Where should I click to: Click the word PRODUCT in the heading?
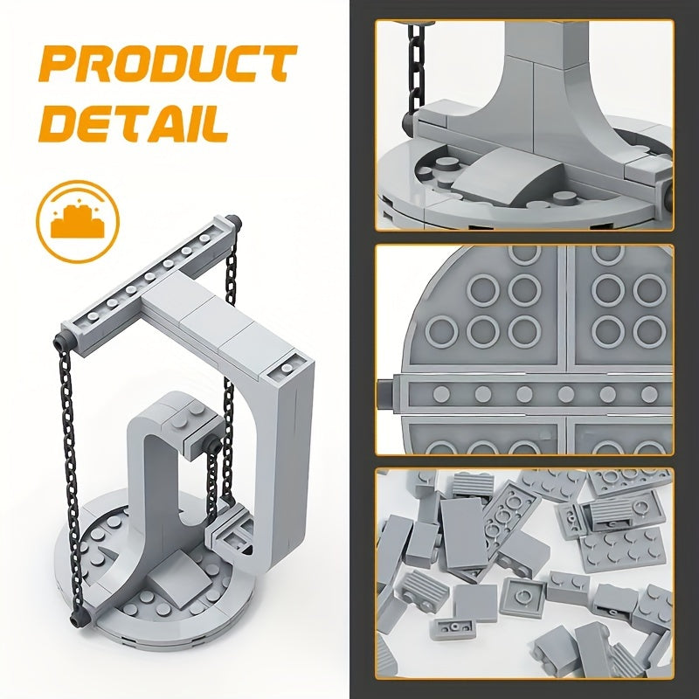coord(168,64)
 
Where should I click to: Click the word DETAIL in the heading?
coord(134,123)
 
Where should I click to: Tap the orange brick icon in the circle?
coord(78,222)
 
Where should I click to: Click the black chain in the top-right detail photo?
coord(417,67)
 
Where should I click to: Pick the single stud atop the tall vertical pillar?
coord(287,368)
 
